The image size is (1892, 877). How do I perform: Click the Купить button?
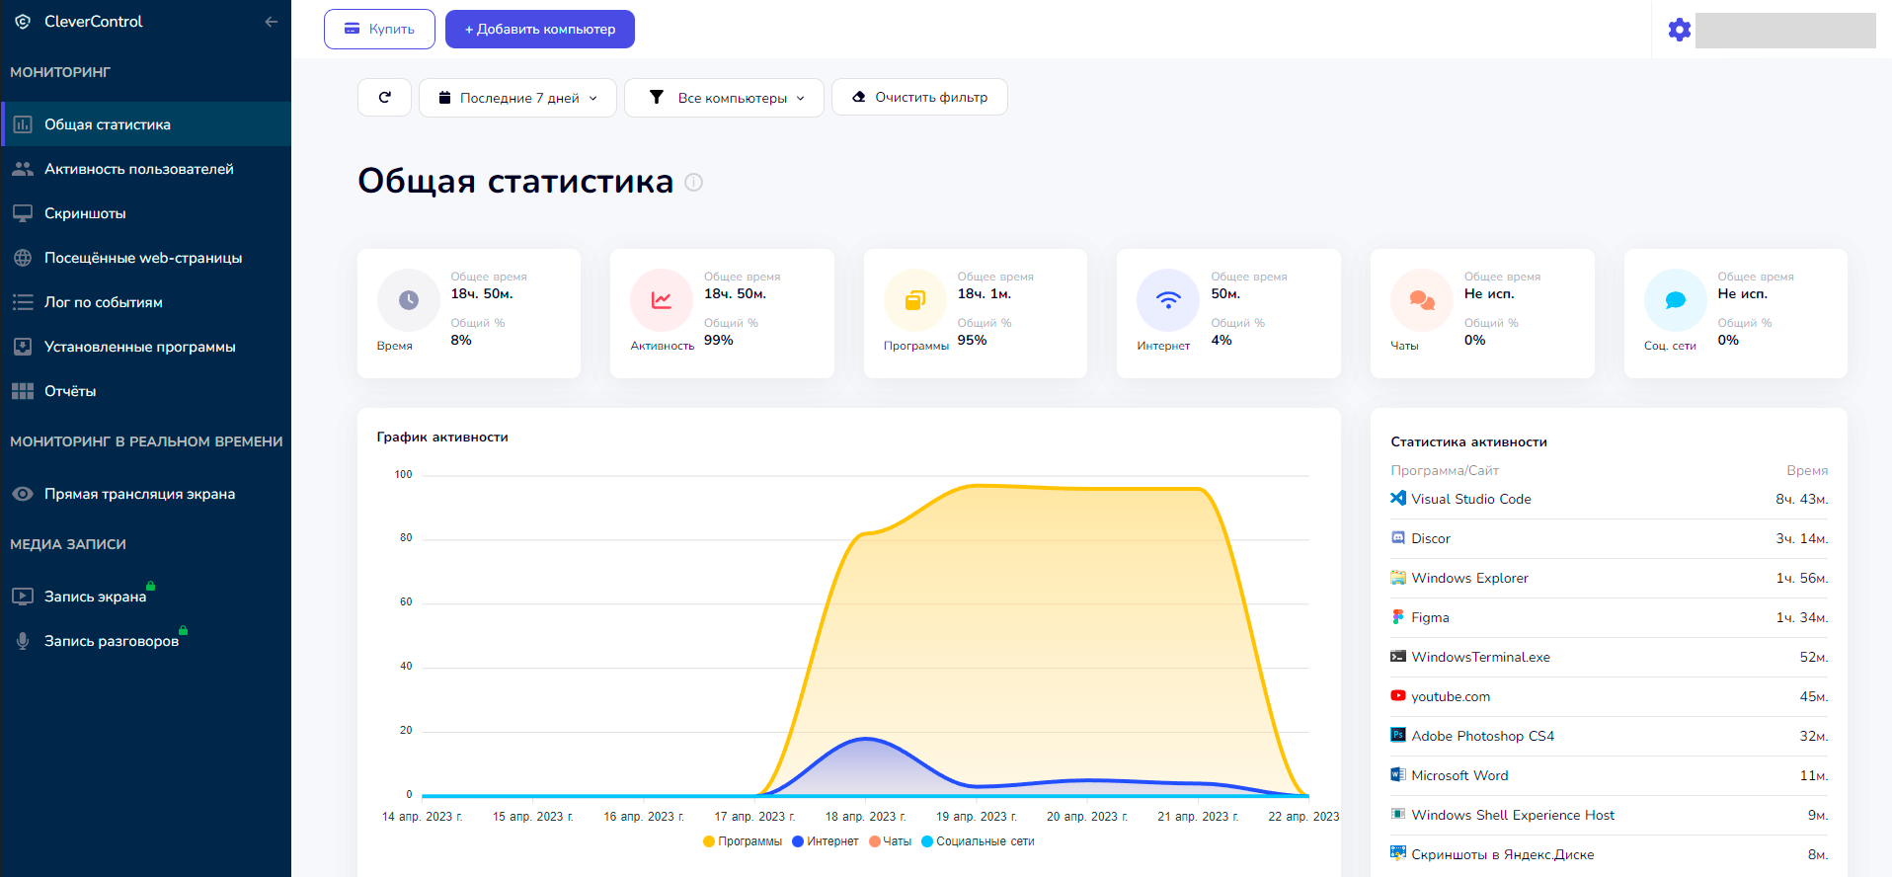379,29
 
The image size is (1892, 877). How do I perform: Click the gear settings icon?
1679,30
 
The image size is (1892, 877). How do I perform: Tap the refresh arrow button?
384,97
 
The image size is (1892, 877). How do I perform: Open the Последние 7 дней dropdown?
517,98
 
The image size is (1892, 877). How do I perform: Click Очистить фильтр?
919,97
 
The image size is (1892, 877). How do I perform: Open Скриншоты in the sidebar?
85,213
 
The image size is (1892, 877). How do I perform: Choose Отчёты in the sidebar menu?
70,391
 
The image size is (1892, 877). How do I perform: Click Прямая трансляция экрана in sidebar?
139,494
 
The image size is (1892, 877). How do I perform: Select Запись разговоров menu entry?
111,641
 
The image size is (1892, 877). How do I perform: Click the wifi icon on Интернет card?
1168,299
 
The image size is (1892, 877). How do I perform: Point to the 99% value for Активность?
718,340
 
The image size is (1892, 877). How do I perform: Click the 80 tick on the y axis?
406,538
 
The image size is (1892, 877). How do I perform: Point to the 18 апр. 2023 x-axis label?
865,817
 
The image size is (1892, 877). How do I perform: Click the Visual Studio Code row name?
1470,499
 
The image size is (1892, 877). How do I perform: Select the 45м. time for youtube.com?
1813,696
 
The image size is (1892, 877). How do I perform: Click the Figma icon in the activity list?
1397,617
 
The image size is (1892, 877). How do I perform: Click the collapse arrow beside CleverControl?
271,22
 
